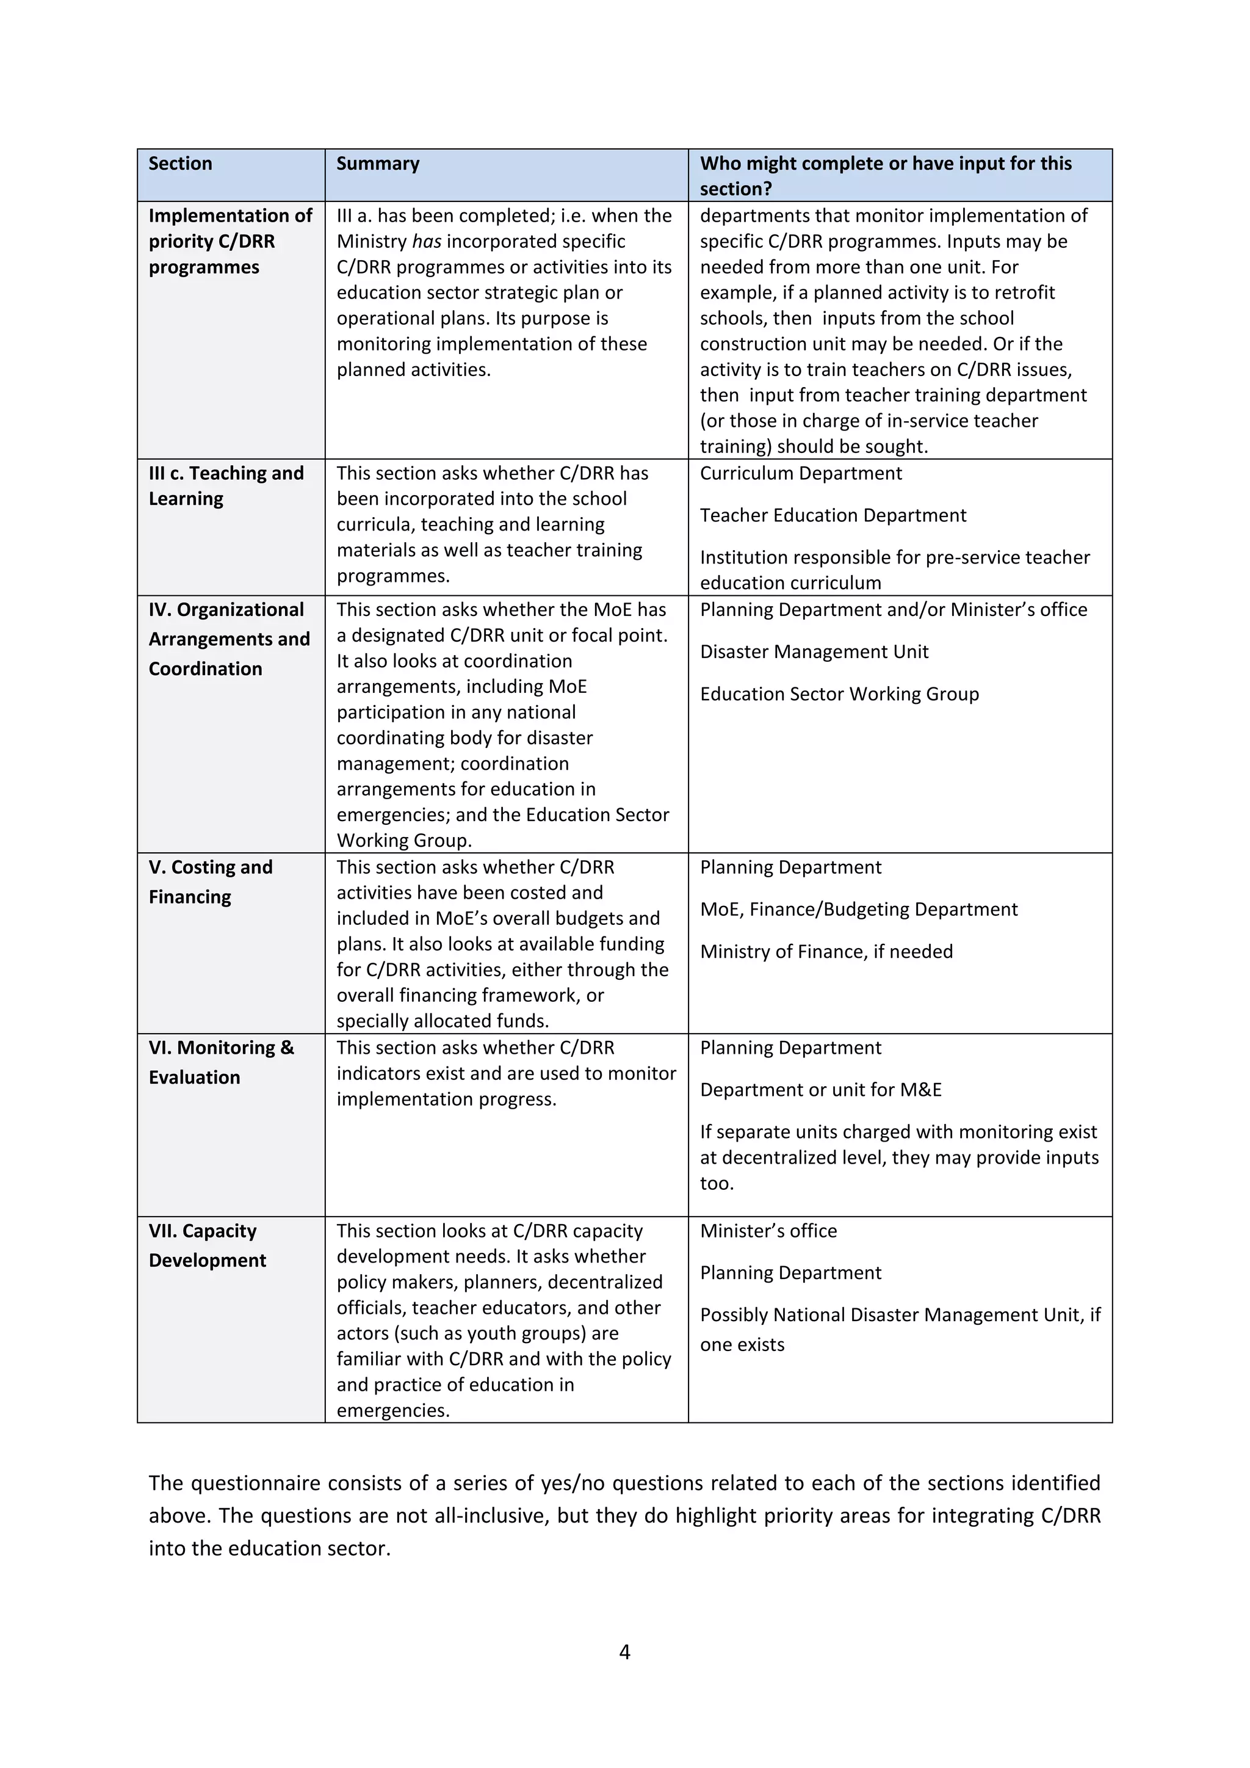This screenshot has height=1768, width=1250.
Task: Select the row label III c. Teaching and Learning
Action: [x=225, y=486]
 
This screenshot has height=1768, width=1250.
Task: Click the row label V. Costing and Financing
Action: [x=210, y=882]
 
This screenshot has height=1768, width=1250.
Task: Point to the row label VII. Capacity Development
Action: [x=207, y=1245]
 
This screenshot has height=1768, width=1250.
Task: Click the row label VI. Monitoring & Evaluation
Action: [x=221, y=1062]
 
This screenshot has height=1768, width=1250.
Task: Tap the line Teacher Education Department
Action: [x=833, y=515]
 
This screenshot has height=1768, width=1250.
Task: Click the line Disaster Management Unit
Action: [x=814, y=652]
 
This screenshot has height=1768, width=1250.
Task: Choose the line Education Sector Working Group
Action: [x=839, y=694]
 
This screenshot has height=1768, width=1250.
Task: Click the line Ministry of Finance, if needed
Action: [x=826, y=952]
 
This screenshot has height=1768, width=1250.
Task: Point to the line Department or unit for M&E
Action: [x=820, y=1090]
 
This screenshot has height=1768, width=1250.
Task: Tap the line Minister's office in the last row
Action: [x=768, y=1231]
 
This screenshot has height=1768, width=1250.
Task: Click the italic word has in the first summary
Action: [x=427, y=242]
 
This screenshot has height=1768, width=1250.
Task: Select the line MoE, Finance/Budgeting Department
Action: [x=858, y=910]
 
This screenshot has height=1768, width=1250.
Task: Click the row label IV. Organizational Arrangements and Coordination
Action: [x=229, y=639]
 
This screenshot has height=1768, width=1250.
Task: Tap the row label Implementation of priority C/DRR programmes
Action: [x=229, y=241]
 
